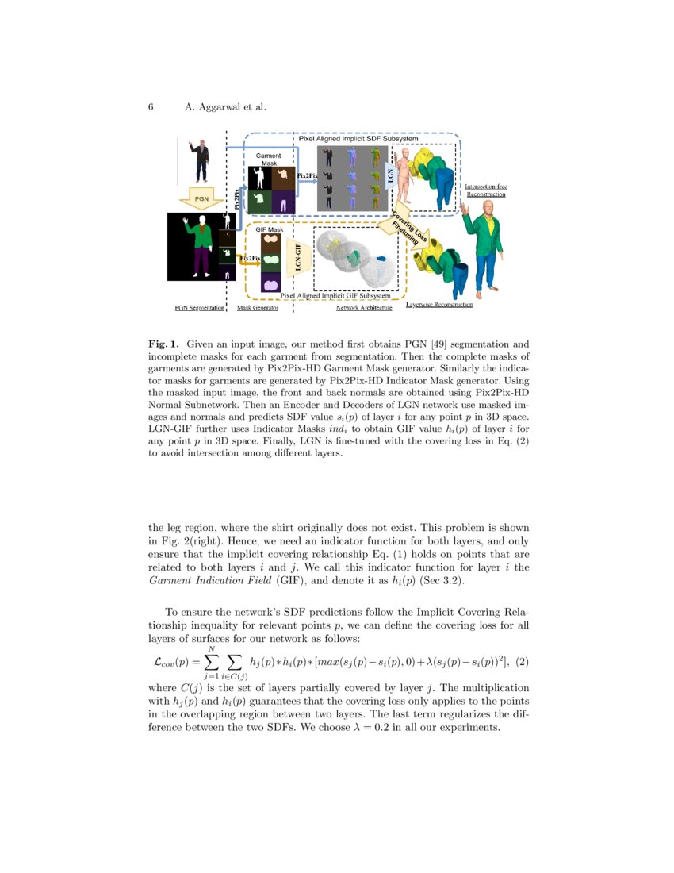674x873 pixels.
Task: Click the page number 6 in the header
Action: coord(151,107)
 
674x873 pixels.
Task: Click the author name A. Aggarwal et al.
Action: coord(225,107)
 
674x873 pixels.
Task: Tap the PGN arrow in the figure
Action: coord(202,197)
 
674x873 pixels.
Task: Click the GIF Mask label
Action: coord(269,229)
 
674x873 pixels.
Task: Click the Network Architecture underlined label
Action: coord(364,306)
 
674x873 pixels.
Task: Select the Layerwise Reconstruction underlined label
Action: coord(439,305)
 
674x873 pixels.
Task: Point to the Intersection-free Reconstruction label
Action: coord(485,190)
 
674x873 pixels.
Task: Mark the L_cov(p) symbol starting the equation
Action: coord(170,662)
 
